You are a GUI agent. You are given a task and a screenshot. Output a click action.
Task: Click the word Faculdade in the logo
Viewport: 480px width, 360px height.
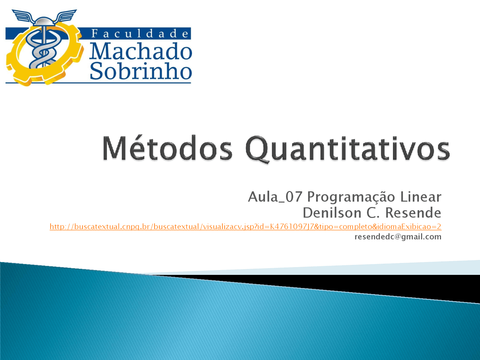pos(139,34)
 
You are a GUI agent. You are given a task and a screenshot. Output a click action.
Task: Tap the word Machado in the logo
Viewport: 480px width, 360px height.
pos(141,51)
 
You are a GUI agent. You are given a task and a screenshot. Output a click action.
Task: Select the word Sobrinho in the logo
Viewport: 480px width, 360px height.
pos(141,70)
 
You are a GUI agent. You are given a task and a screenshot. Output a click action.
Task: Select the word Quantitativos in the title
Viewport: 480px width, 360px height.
pos(347,150)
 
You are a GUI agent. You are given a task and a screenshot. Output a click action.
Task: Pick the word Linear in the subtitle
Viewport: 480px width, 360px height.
pos(420,197)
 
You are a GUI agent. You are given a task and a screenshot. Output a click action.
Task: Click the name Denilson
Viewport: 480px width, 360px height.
pos(332,213)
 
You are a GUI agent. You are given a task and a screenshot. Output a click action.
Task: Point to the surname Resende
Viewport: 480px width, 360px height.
pos(413,213)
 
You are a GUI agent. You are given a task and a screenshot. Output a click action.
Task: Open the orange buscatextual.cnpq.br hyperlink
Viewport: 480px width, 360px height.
pos(245,226)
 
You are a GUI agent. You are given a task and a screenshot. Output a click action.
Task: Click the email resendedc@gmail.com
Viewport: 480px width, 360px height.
pos(398,237)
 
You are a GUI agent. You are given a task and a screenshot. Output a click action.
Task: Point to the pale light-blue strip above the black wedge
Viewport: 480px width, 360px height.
pos(328,269)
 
